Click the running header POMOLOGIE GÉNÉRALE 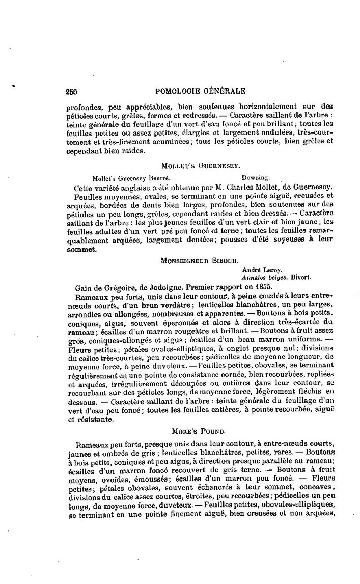click(x=199, y=92)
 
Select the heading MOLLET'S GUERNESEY click(x=199, y=166)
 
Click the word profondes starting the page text click(x=82, y=107)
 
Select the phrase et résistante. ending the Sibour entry click(x=87, y=421)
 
